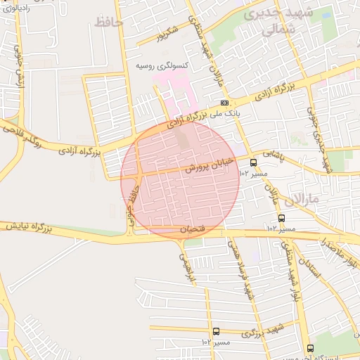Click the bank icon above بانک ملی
pyautogui.click(x=224, y=103)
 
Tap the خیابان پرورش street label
pyautogui.click(x=209, y=164)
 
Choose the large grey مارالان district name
pyautogui.click(x=323, y=199)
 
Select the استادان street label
pyautogui.click(x=307, y=268)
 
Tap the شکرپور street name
pyautogui.click(x=168, y=33)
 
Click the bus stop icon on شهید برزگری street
pyautogui.click(x=215, y=331)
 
